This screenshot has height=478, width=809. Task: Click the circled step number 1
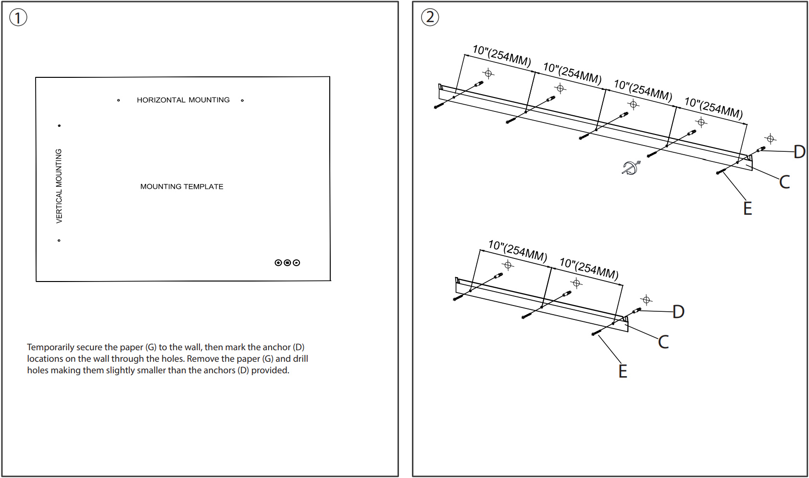tap(18, 18)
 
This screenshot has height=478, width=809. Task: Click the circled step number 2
tap(430, 17)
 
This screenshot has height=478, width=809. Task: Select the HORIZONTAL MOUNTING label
tap(183, 100)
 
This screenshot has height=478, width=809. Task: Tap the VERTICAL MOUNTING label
tap(59, 185)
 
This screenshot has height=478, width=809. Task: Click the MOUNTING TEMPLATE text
tap(182, 186)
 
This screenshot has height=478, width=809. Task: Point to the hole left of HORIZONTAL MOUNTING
tap(118, 100)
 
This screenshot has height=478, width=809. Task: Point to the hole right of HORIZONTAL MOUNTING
tap(242, 100)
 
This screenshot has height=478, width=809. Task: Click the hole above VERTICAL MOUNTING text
tap(59, 126)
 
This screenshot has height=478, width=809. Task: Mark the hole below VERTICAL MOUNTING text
tap(59, 240)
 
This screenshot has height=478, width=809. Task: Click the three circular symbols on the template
tap(287, 263)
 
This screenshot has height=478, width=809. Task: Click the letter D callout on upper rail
tap(799, 152)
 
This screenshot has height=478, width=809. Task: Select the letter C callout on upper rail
tap(784, 182)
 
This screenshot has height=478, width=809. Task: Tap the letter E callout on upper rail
tap(747, 208)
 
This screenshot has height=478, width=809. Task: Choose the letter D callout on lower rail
tap(678, 312)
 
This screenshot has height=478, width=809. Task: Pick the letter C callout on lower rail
tap(663, 342)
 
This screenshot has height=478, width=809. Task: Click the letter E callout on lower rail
tap(622, 371)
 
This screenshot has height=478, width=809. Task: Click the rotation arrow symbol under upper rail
tap(630, 167)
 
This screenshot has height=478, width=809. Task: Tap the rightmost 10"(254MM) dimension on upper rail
tap(713, 108)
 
